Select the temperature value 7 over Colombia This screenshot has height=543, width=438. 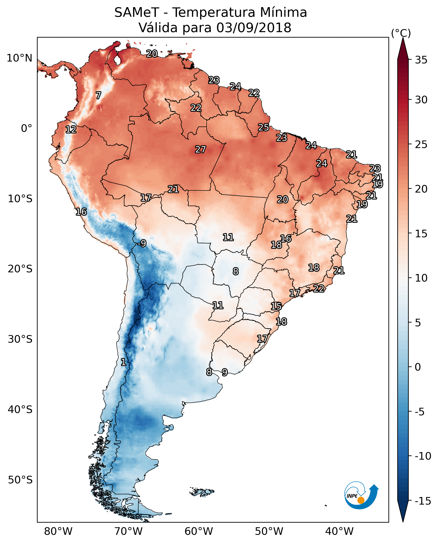pos(98,95)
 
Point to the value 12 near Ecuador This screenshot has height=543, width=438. pos(71,129)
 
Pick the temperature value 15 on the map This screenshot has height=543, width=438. pos(276,306)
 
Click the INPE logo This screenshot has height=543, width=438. pos(361,495)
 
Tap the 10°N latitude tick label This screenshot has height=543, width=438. pos(20,58)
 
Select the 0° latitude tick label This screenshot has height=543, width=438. pos(26,129)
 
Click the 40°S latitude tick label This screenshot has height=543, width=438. pos(20,409)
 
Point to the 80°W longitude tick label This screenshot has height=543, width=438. pos(58,531)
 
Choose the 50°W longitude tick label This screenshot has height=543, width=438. pos(269,531)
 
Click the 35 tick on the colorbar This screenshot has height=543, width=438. pos(421,60)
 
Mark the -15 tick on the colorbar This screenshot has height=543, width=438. pos(423,501)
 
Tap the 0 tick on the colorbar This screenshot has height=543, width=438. pos(418,367)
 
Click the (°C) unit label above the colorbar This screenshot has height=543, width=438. pos(401,33)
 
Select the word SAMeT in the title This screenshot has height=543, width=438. pos(137,13)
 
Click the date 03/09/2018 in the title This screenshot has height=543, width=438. pos(254,28)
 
